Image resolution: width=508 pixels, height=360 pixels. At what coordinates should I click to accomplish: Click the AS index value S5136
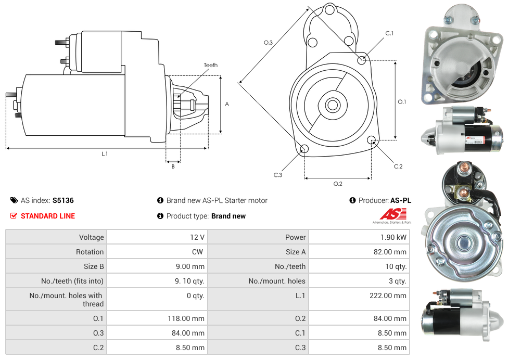[62, 200]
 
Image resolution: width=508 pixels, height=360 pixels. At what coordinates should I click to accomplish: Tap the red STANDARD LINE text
[47, 216]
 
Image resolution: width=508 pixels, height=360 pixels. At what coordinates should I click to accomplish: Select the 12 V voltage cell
[197, 237]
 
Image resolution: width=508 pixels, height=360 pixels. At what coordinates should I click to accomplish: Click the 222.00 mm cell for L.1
[392, 295]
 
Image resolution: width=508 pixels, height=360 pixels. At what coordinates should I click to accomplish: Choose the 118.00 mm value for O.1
[190, 318]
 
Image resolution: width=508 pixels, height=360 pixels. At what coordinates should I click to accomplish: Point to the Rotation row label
[90, 252]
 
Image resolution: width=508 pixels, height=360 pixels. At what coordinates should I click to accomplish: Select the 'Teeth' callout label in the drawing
[210, 65]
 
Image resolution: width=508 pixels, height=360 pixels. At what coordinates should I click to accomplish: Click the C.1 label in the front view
[389, 33]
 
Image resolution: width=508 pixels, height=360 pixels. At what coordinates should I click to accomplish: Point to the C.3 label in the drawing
[278, 175]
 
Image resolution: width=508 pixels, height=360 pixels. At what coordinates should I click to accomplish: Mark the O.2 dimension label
[337, 184]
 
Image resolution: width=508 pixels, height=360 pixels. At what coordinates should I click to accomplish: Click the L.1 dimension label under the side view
[105, 154]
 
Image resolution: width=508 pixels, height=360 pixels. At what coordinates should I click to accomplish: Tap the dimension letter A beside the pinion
[227, 104]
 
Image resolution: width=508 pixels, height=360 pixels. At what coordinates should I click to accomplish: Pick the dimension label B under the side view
[173, 166]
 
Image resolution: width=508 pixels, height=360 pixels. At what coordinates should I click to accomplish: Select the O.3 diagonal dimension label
[268, 43]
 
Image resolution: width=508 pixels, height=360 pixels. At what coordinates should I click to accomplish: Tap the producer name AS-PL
[400, 200]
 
